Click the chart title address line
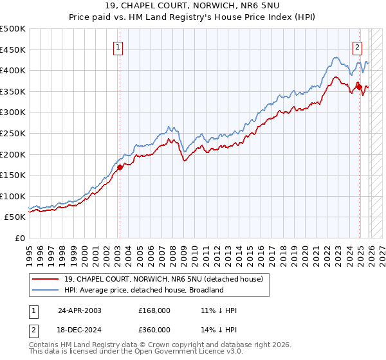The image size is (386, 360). coord(193,6)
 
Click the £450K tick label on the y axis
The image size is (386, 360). coord(13,50)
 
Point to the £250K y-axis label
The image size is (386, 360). coord(13,133)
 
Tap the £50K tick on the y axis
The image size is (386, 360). coord(15,217)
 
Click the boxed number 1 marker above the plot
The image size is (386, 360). coord(119,46)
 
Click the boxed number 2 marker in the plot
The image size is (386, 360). coord(357,46)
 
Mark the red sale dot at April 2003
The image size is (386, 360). coord(120,167)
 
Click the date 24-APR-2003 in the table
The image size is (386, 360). coord(79,310)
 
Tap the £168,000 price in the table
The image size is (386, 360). coord(154,310)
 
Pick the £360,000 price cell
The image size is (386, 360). coord(154,329)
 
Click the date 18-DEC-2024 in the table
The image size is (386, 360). coord(79,329)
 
